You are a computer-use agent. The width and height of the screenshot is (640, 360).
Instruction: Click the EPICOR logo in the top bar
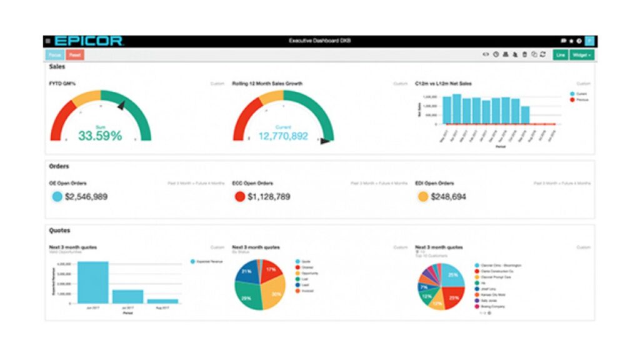(88, 41)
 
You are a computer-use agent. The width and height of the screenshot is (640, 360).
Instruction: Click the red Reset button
(75, 55)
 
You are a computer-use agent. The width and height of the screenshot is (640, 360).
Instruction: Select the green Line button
(560, 55)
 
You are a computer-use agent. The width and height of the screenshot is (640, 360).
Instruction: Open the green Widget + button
(581, 55)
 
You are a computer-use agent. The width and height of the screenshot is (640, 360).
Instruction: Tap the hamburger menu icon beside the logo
(48, 41)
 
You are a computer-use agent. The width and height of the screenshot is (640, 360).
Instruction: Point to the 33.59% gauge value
(100, 136)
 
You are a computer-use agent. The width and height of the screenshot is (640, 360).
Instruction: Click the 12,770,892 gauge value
(282, 136)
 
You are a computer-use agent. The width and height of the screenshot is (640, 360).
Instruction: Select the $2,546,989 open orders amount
(87, 197)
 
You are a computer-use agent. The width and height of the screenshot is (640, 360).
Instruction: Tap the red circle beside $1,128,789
(239, 197)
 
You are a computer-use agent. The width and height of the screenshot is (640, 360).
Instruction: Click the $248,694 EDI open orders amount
(448, 197)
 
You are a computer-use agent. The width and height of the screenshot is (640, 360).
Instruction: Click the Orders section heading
(59, 167)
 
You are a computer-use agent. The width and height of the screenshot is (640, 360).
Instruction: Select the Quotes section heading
(59, 231)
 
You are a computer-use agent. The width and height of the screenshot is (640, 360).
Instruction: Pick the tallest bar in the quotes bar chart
(93, 282)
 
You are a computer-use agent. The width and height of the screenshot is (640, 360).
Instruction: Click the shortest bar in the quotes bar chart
(162, 301)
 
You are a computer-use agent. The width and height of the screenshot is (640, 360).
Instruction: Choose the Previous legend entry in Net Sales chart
(581, 100)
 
